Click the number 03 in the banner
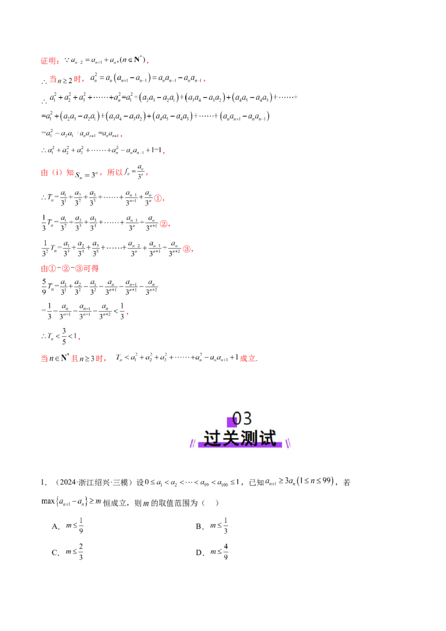tap(242, 419)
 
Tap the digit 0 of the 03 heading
tap(237, 419)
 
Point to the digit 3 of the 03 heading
tap(247, 419)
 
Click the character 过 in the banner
tap(212, 439)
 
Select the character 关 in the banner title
tap(231, 439)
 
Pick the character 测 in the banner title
tap(249, 439)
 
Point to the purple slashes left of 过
tap(192, 444)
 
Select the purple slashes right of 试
tap(288, 444)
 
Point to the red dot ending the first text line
tap(148, 61)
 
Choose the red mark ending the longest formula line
tap(188, 250)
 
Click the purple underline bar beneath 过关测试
tap(240, 445)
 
